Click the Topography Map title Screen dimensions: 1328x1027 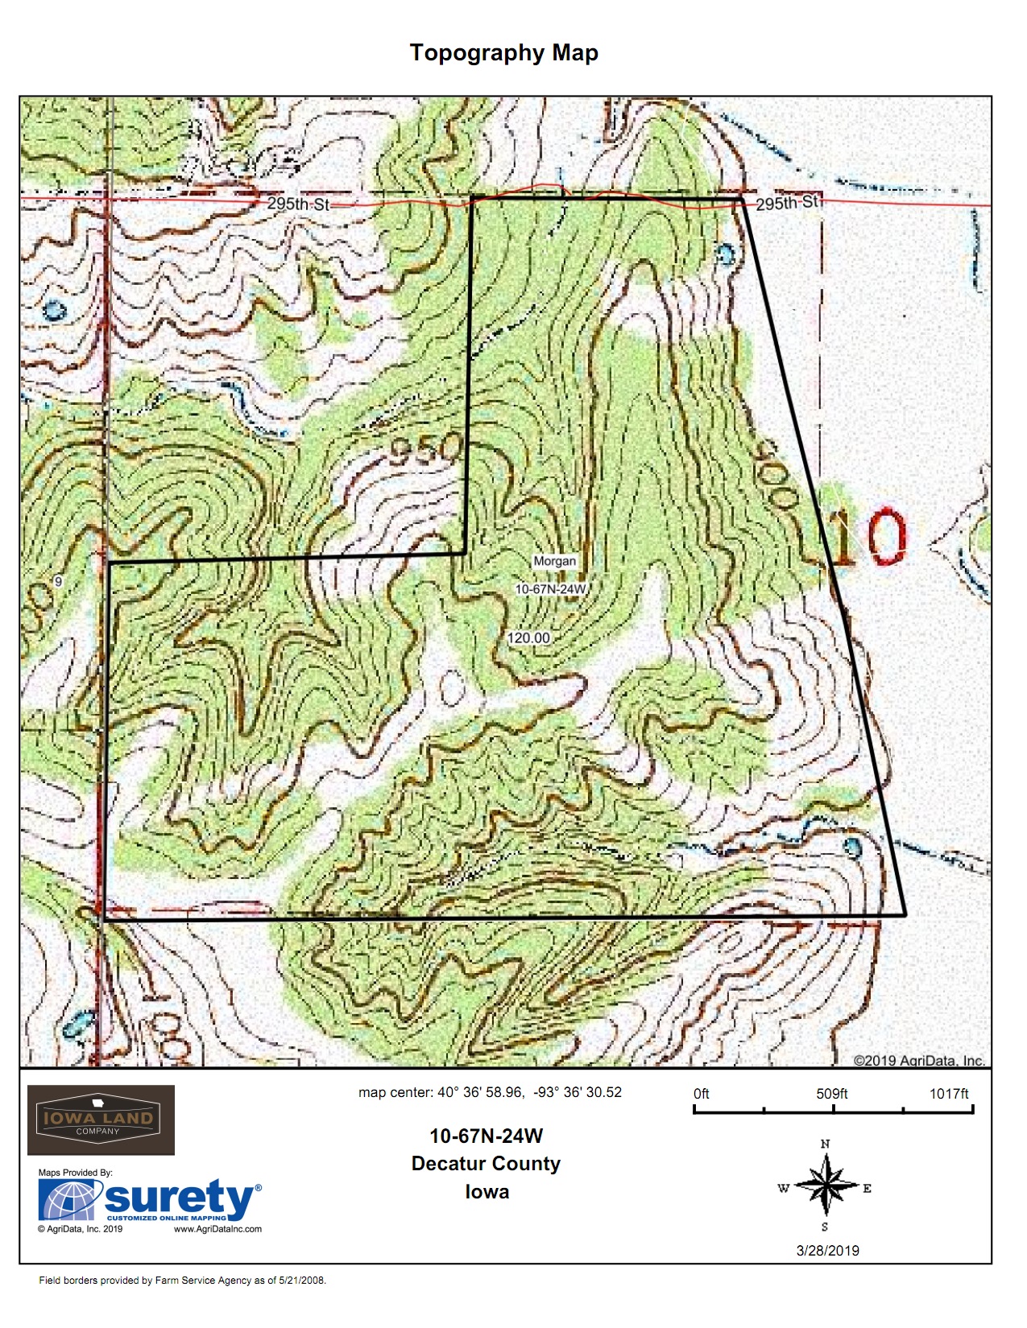click(503, 53)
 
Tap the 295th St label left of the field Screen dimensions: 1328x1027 click(298, 204)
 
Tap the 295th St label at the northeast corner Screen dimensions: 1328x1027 click(789, 202)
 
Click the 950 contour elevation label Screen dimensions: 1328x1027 click(425, 451)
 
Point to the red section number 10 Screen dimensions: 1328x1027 click(868, 537)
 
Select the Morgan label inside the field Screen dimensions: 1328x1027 click(554, 561)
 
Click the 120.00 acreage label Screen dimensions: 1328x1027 click(528, 638)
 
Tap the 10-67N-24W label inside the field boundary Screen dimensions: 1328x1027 click(551, 589)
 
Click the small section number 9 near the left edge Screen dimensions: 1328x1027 click(58, 581)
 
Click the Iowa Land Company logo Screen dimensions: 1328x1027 click(101, 1120)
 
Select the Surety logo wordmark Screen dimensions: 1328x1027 click(179, 1199)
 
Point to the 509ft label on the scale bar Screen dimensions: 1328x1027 click(831, 1094)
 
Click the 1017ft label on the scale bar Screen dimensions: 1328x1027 click(949, 1094)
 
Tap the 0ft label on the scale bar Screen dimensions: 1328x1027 click(702, 1094)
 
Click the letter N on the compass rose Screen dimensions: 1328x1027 click(825, 1144)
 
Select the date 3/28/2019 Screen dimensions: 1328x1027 click(827, 1251)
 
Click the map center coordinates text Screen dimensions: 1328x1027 click(490, 1092)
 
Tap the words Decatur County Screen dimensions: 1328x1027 click(486, 1164)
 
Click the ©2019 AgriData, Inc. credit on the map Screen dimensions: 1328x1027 click(918, 1060)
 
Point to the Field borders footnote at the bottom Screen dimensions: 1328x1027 click(183, 1281)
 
